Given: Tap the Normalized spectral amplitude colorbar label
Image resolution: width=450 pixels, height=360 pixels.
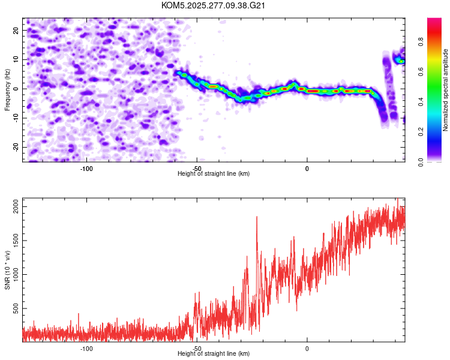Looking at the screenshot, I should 446,90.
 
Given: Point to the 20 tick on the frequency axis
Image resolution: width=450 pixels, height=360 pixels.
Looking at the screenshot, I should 16,30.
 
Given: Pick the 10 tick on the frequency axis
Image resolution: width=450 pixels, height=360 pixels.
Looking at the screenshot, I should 16,59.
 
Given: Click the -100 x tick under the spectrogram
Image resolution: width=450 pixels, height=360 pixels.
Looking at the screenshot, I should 86,168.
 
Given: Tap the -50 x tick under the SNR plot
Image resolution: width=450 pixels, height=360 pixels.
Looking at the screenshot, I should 197,348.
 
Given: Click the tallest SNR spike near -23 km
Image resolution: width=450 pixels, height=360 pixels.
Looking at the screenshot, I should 257,217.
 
